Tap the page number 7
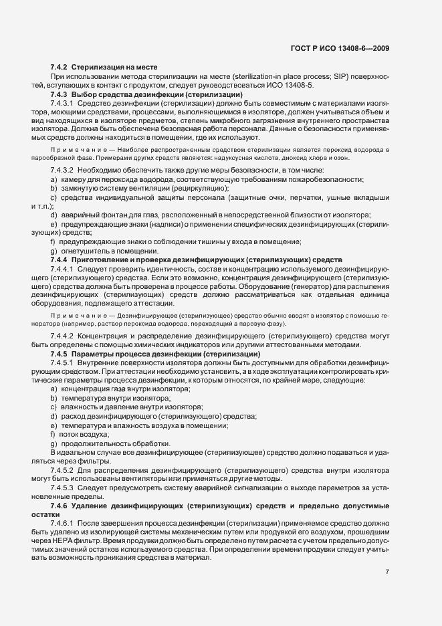[x=387, y=572]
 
